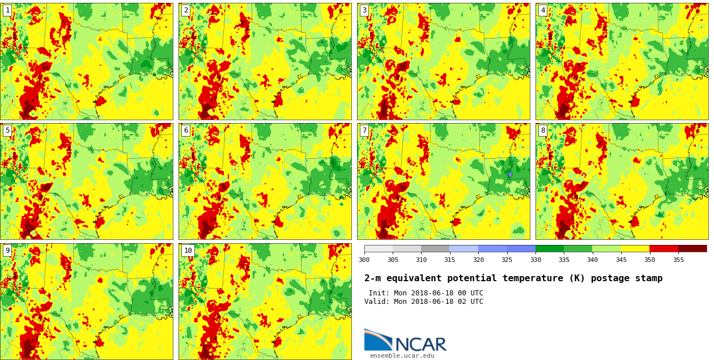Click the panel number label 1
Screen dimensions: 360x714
(7, 10)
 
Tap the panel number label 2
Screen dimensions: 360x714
(186, 10)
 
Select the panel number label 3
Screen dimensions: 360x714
(364, 10)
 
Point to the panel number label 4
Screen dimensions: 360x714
(543, 10)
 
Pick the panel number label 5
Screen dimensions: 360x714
(7, 130)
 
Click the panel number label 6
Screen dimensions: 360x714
(186, 130)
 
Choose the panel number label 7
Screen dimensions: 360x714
(364, 130)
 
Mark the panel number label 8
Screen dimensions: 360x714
(543, 130)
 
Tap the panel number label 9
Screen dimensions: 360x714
(7, 251)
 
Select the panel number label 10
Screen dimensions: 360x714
(188, 251)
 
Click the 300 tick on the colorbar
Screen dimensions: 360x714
(364, 260)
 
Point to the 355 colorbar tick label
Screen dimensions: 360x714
(678, 260)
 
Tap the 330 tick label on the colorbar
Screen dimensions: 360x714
(535, 260)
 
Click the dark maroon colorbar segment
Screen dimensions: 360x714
(692, 248)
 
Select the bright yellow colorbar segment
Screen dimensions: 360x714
(635, 248)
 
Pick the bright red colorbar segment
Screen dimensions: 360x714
(664, 248)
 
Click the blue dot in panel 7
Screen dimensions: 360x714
(509, 174)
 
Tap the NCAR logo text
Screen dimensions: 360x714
(420, 344)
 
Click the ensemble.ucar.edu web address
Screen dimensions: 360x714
(402, 356)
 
